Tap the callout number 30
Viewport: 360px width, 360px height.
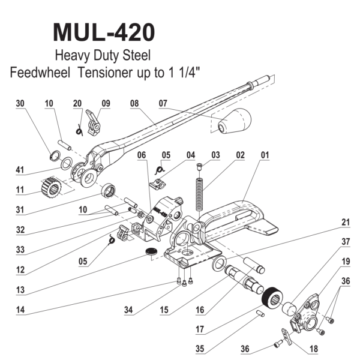(22, 103)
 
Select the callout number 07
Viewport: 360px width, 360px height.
(163, 103)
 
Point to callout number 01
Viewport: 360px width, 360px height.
(262, 155)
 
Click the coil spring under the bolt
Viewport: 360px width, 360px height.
(200, 190)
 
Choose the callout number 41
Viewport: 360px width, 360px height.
(22, 170)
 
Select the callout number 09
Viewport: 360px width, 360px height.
(106, 103)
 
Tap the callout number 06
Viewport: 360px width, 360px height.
(142, 155)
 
